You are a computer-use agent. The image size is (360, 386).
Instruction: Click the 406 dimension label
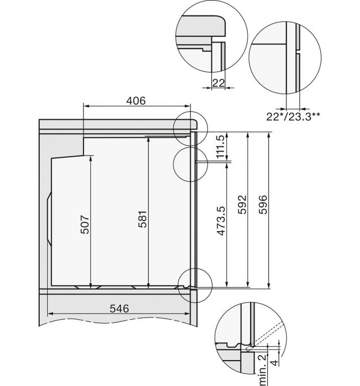pyautogui.click(x=136, y=101)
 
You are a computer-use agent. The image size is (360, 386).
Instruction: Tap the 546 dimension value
pyautogui.click(x=119, y=308)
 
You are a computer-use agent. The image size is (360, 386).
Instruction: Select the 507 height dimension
pyautogui.click(x=85, y=225)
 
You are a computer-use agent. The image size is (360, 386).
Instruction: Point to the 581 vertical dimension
pyautogui.click(x=142, y=219)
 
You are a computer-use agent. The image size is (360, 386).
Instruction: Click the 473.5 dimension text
pyautogui.click(x=221, y=221)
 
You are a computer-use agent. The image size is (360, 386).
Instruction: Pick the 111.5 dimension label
pyautogui.click(x=221, y=146)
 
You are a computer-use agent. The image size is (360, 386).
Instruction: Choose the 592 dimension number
pyautogui.click(x=242, y=205)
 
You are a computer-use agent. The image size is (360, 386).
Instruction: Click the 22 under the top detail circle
pyautogui.click(x=218, y=83)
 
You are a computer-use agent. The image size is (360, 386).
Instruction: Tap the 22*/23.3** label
pyautogui.click(x=293, y=116)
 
